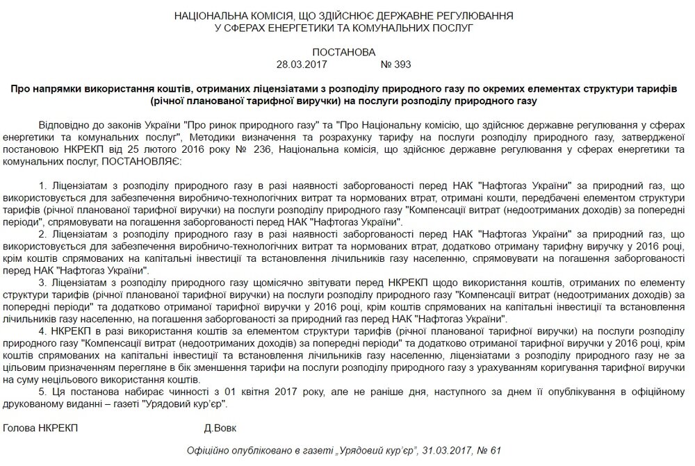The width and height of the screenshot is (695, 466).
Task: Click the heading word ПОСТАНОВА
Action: (x=344, y=52)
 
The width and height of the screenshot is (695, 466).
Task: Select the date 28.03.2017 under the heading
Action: (x=301, y=65)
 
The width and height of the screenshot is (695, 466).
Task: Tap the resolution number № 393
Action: (x=396, y=65)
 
